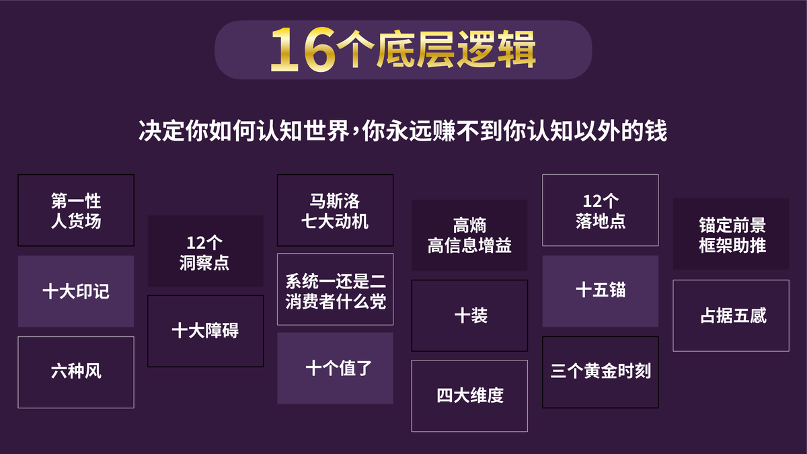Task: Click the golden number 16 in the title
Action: coord(303,50)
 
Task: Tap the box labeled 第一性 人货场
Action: coord(76,211)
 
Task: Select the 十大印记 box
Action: coord(76,291)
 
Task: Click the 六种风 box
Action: coord(76,372)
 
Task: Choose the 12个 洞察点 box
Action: coord(205,251)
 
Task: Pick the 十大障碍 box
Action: coord(205,331)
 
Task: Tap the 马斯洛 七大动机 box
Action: coord(335,211)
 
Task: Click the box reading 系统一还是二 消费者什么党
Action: coord(335,289)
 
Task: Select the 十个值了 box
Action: coord(335,369)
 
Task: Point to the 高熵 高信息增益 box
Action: coord(469,235)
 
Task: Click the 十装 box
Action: coord(469,315)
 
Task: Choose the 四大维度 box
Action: coord(469,396)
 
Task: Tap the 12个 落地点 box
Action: coord(601,211)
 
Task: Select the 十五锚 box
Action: coord(601,291)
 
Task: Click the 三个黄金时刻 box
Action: coord(601,372)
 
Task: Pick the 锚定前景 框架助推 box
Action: coord(731,234)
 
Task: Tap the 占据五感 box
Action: coord(731,315)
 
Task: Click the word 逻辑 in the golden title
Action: coord(497,50)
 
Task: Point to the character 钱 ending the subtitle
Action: coord(656,130)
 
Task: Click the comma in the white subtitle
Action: coord(355,135)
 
